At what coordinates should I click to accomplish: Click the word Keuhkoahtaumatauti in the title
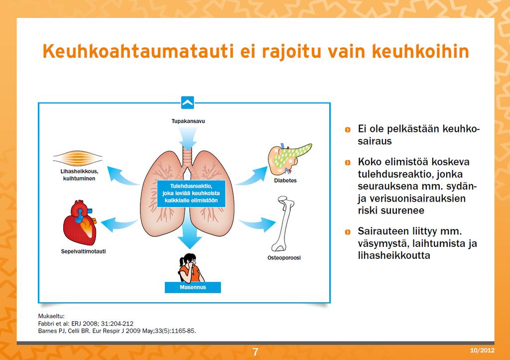tap(138, 51)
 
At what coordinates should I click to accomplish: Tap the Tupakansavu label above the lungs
tap(188, 121)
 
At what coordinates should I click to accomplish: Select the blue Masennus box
tap(193, 287)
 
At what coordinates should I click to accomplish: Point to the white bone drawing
tap(282, 224)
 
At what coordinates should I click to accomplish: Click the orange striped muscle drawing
tap(78, 158)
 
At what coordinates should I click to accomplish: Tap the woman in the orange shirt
tap(191, 268)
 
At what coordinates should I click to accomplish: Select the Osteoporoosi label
tap(284, 258)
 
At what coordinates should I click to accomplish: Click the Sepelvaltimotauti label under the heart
tap(84, 251)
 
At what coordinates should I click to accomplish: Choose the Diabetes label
tap(285, 180)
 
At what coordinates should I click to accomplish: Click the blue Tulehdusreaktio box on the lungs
tap(191, 194)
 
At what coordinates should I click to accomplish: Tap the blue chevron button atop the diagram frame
tap(188, 103)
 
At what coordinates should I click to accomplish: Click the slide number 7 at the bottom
tap(255, 352)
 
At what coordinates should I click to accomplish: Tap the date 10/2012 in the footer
tap(482, 350)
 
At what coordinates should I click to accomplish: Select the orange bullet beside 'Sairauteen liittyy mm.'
tap(348, 232)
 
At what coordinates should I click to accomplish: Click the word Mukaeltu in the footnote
tap(51, 316)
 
